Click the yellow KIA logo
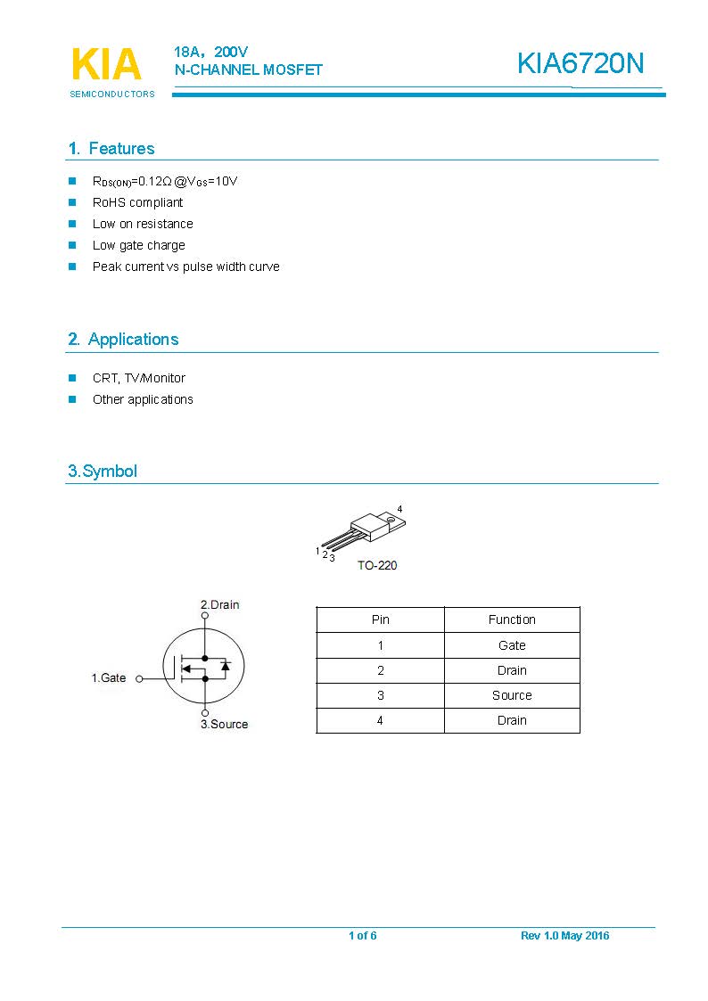pos(105,65)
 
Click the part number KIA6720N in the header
pos(580,64)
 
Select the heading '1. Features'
pos(111,149)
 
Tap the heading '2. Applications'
pos(123,340)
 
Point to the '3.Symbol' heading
pos(103,472)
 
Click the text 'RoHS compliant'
pos(137,202)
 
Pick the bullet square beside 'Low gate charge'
pos(73,245)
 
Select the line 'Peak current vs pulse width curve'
pos(185,267)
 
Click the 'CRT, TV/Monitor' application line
pos(138,378)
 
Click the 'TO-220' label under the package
pos(377,565)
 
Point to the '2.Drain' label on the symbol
pos(219,604)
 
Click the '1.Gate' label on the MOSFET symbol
pos(109,678)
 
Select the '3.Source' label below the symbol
pos(224,724)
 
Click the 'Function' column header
pos(512,619)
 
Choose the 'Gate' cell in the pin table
pos(512,645)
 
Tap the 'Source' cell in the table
pos(512,695)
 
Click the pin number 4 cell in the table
pos(380,720)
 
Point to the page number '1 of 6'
pos(363,935)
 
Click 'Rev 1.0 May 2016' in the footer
pos(564,935)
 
